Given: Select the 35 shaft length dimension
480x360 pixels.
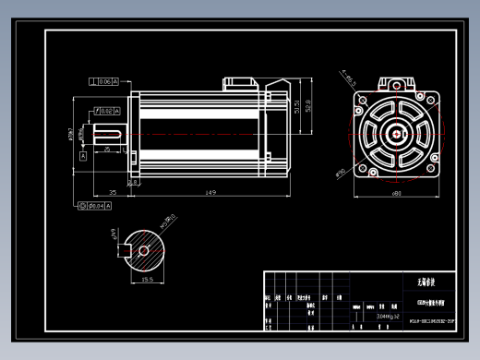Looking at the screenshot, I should [x=112, y=192].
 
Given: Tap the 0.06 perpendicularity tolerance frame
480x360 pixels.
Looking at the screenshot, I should [x=104, y=82].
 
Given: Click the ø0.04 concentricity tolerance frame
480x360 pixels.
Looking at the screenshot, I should [x=94, y=206].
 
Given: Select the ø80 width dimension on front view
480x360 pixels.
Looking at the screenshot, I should [x=395, y=193].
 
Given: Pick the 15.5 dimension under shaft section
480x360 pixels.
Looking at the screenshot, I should [x=147, y=279].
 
